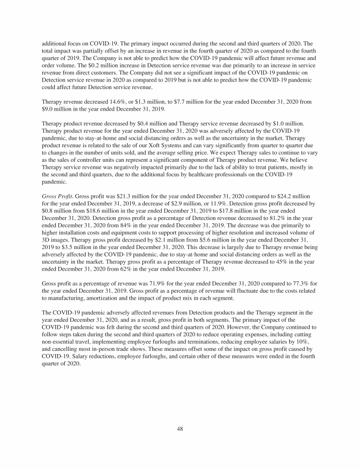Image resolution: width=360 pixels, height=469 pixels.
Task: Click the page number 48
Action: (180, 429)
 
